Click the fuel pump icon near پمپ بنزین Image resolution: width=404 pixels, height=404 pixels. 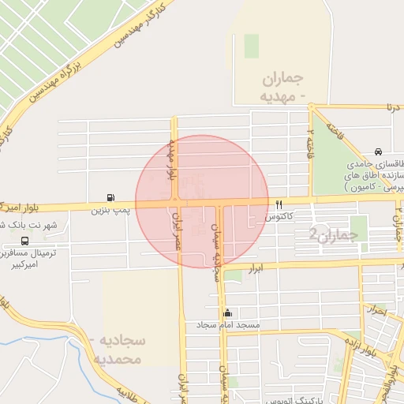[108, 197]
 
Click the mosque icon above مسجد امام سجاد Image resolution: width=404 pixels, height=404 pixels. [228, 312]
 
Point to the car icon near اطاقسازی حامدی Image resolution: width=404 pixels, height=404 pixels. [379, 151]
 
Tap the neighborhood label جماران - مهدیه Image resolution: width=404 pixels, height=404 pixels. [282, 88]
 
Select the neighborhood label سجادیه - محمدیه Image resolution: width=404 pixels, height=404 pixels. [122, 350]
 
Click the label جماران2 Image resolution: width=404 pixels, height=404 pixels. [327, 234]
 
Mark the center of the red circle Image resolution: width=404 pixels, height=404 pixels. [202, 202]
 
